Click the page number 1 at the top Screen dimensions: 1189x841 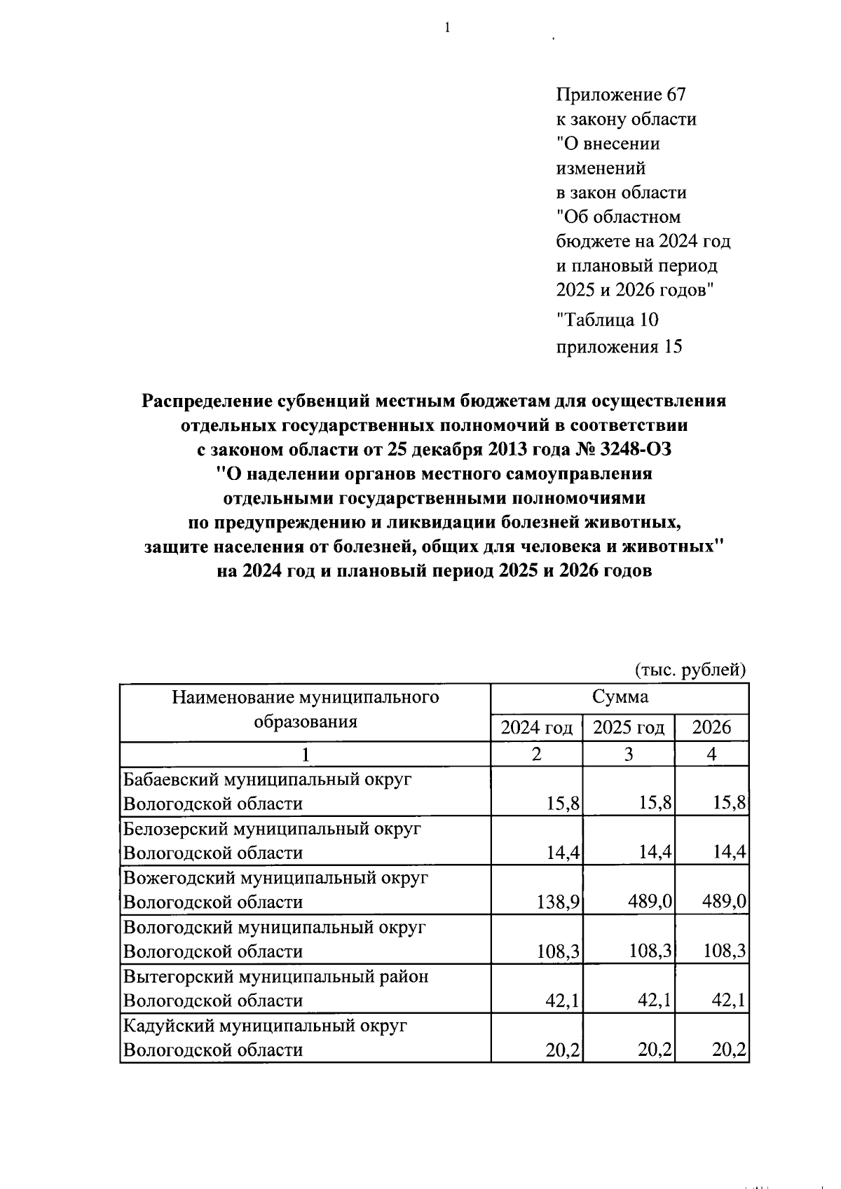tap(446, 27)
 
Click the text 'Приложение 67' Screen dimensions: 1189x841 tap(621, 94)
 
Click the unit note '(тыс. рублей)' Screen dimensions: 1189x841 tap(690, 670)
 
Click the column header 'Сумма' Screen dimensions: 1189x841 tap(620, 696)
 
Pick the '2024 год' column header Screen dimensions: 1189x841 tap(537, 727)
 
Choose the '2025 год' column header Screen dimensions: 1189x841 tap(629, 727)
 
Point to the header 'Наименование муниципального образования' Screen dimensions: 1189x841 tap(306, 709)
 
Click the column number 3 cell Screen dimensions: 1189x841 tap(629, 754)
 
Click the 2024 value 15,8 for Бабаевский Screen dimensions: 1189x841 tap(563, 803)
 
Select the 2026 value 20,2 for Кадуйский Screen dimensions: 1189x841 tap(729, 1050)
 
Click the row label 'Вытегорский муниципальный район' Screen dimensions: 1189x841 tap(276, 976)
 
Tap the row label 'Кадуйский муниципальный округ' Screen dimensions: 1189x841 tap(265, 1026)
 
